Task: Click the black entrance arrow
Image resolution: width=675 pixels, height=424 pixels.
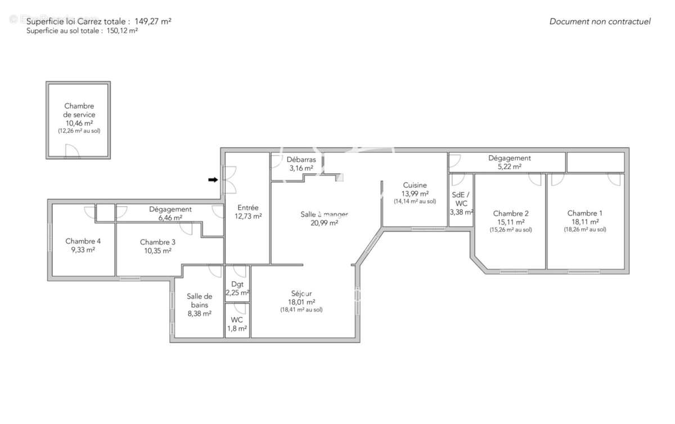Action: pos(213,180)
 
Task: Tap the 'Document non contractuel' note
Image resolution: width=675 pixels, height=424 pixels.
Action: pos(600,22)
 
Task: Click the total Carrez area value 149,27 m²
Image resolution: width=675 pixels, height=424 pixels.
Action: pos(153,21)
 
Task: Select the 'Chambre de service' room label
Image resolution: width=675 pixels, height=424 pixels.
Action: pos(79,110)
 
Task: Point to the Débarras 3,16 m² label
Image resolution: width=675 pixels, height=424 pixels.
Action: pos(301,164)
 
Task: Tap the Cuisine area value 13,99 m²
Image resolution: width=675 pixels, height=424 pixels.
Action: pos(415,194)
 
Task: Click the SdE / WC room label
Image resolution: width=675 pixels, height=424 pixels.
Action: pos(461,199)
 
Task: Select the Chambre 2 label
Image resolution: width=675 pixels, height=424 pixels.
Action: pos(511,214)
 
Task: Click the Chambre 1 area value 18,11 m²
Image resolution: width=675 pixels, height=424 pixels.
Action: pos(585,222)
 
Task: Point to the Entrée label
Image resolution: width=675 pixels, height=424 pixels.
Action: pos(248,208)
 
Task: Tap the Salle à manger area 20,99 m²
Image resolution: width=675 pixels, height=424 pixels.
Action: pos(324,223)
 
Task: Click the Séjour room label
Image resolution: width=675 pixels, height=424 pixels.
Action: pos(301,294)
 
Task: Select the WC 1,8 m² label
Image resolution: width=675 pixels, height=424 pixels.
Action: pos(237,324)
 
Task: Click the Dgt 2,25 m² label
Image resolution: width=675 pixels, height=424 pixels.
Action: pos(237,288)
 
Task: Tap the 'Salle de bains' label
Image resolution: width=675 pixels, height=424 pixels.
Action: pos(199,300)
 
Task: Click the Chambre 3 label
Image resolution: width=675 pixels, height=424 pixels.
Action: pos(157,242)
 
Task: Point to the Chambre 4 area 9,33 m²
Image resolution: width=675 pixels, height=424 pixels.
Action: pos(83,250)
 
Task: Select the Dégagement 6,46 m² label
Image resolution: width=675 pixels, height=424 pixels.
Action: pos(170,213)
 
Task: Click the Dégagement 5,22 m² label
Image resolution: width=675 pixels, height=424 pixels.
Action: pos(510,163)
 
